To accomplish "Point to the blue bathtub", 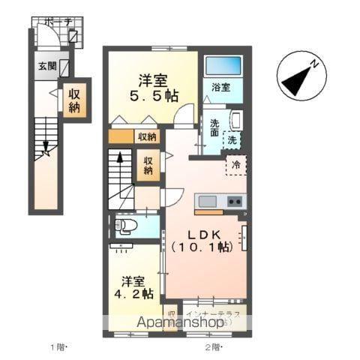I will [222, 66].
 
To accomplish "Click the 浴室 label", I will [221, 87].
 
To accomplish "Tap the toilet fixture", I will [126, 225].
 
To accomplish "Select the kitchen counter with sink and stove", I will [219, 202].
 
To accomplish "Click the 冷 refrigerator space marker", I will [235, 165].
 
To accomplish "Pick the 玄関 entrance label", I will [46, 65].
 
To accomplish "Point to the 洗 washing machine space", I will [233, 139].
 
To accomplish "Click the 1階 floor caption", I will [58, 346].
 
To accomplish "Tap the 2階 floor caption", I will [214, 346].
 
